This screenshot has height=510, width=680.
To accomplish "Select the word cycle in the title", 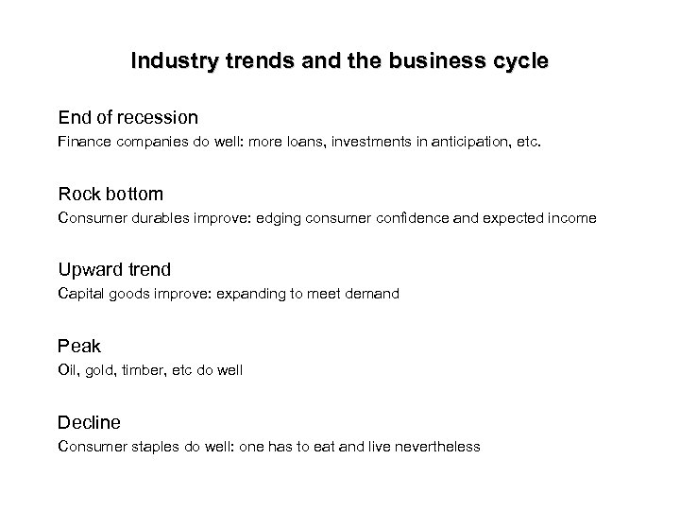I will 518,62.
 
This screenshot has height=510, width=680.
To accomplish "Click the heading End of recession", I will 127,118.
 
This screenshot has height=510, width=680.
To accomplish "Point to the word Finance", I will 83,143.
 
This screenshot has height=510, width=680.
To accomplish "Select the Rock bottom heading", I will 110,195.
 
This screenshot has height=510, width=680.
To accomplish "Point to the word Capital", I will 81,294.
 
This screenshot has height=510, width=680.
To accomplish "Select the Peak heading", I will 78,347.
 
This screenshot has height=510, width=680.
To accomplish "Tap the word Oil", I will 66,370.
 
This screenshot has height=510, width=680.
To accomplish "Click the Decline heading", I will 89,422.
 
